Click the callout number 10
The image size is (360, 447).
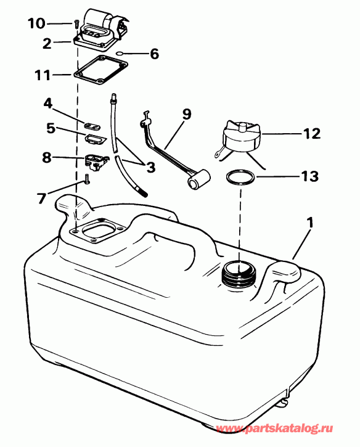pyautogui.click(x=36, y=23)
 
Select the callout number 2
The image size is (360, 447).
pyautogui.click(x=47, y=43)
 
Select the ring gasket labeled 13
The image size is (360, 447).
pyautogui.click(x=239, y=178)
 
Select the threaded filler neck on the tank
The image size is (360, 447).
pyautogui.click(x=237, y=275)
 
